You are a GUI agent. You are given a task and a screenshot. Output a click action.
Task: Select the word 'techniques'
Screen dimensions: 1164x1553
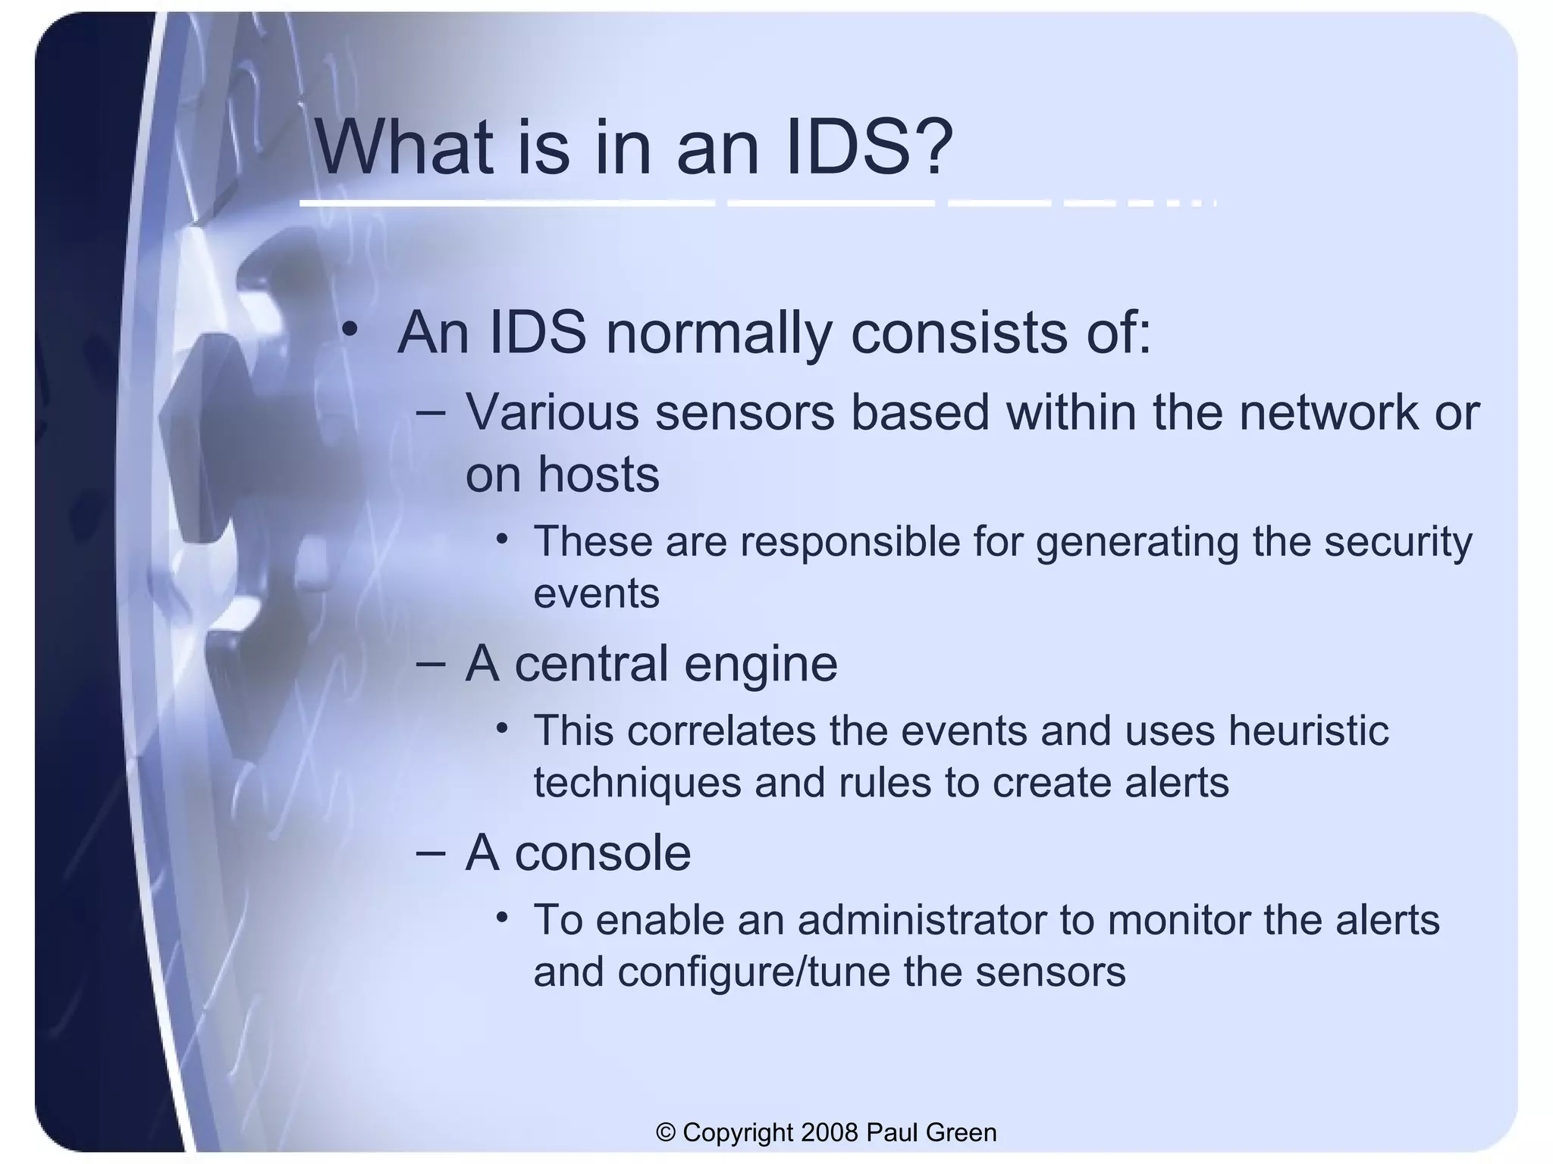pyautogui.click(x=637, y=783)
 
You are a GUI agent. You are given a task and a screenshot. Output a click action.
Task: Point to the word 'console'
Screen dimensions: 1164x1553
pyautogui.click(x=603, y=853)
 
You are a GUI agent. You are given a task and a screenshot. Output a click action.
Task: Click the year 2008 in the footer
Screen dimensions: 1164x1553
pyautogui.click(x=830, y=1132)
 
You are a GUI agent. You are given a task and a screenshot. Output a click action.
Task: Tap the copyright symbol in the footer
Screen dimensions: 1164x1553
pyautogui.click(x=666, y=1132)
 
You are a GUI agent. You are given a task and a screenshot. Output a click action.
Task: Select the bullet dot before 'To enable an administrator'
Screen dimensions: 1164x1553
pyautogui.click(x=501, y=918)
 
